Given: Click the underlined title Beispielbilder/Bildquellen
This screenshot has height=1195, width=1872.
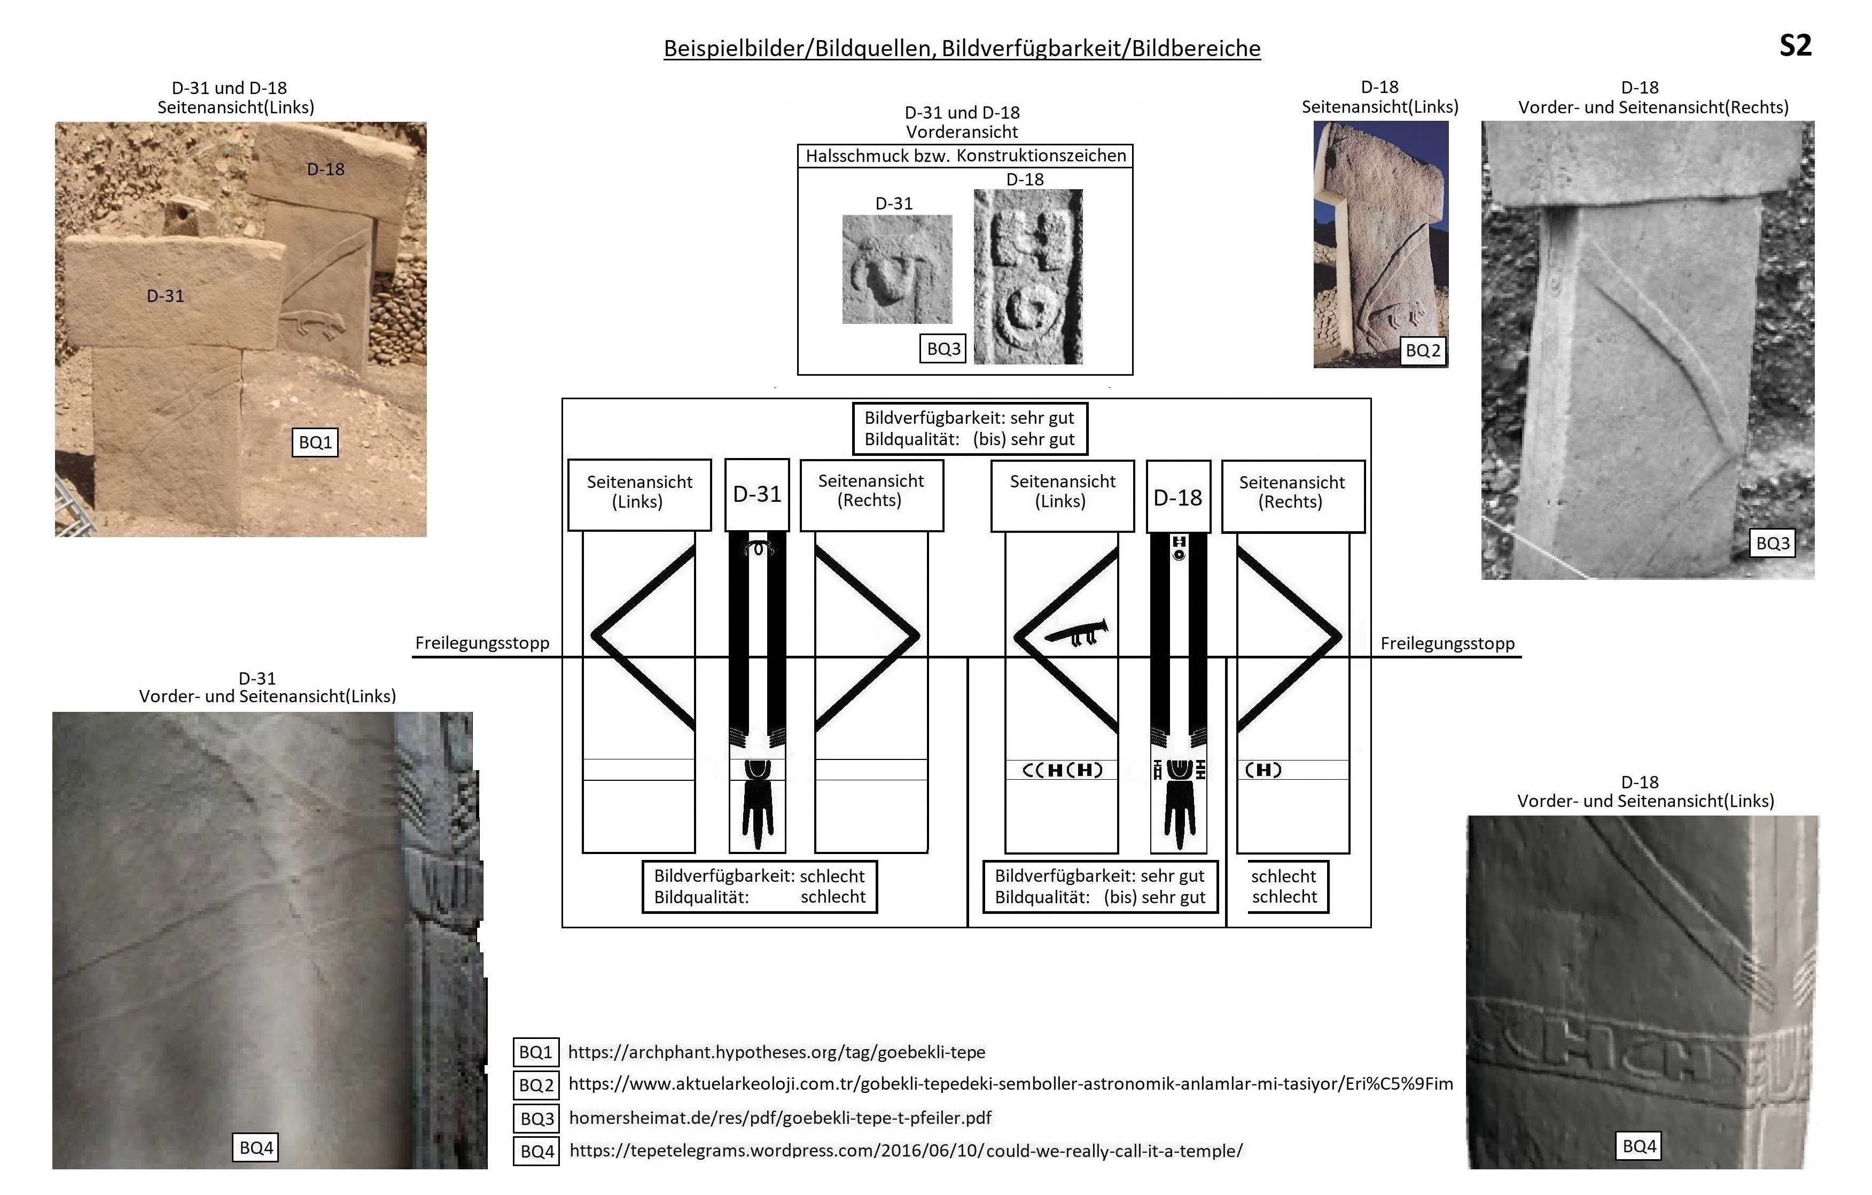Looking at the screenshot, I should [962, 48].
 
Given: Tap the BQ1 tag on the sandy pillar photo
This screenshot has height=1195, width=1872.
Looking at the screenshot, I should [315, 443].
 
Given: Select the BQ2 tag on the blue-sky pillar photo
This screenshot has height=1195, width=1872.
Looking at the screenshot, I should [1423, 351].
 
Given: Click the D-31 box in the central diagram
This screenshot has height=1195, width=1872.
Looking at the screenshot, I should [757, 494].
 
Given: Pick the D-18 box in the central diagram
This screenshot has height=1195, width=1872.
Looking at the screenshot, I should [1178, 498].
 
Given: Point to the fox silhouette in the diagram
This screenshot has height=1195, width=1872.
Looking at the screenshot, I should [1076, 633].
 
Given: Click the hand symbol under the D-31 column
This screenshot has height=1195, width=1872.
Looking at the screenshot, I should [757, 812].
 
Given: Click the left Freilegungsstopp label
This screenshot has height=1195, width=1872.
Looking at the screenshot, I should [482, 643].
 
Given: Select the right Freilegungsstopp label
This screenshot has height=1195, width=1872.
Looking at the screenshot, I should [1447, 644].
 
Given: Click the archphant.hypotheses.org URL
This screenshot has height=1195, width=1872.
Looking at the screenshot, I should [776, 1052].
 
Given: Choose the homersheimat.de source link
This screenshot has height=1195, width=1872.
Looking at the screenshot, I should [780, 1118].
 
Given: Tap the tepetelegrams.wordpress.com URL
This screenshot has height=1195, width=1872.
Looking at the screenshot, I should [906, 1151].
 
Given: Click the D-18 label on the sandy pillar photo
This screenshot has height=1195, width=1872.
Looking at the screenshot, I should [325, 169].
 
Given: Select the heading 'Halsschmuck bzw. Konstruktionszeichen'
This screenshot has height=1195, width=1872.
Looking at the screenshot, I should [965, 156].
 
